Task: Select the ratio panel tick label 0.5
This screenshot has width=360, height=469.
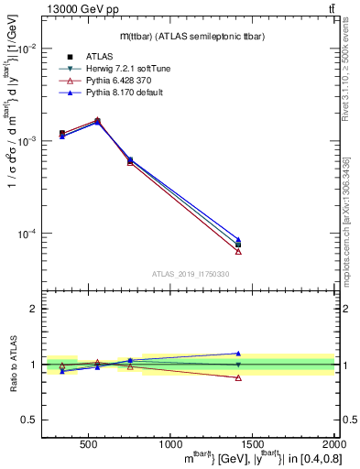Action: (29, 420)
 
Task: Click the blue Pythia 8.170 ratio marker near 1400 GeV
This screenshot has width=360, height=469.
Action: (238, 353)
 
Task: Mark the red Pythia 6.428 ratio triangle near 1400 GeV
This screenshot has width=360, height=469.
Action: (238, 377)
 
